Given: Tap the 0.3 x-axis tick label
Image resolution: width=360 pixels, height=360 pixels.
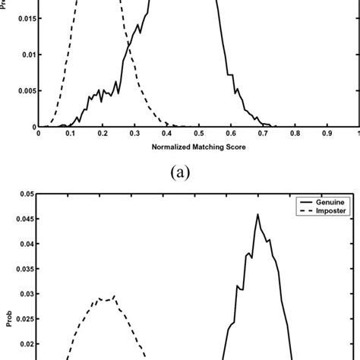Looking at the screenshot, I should pos(134,133).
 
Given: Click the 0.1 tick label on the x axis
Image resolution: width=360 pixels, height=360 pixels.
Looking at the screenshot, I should pos(71,133).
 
